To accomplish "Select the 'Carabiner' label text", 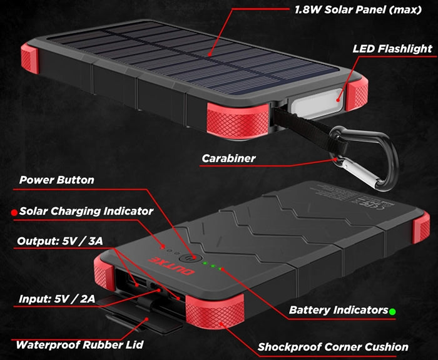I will coord(228,158).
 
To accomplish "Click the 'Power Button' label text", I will coord(57,180).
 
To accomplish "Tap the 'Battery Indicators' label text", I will coord(338,310).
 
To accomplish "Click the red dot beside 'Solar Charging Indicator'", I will coord(13,212).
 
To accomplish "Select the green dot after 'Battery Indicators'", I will coord(392,311).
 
